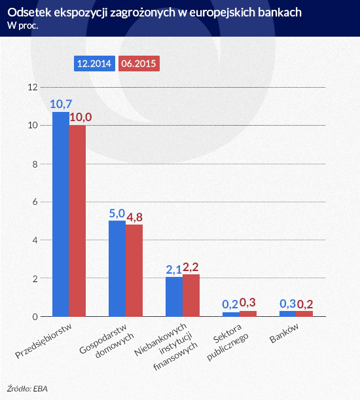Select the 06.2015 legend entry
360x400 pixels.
click(x=139, y=64)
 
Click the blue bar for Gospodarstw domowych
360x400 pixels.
click(x=117, y=268)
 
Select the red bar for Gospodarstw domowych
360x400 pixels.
click(x=134, y=270)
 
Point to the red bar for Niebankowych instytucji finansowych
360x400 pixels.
click(x=191, y=295)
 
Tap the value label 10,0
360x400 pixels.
click(x=81, y=117)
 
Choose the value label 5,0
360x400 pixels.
click(x=117, y=213)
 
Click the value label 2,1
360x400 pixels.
click(x=173, y=268)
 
